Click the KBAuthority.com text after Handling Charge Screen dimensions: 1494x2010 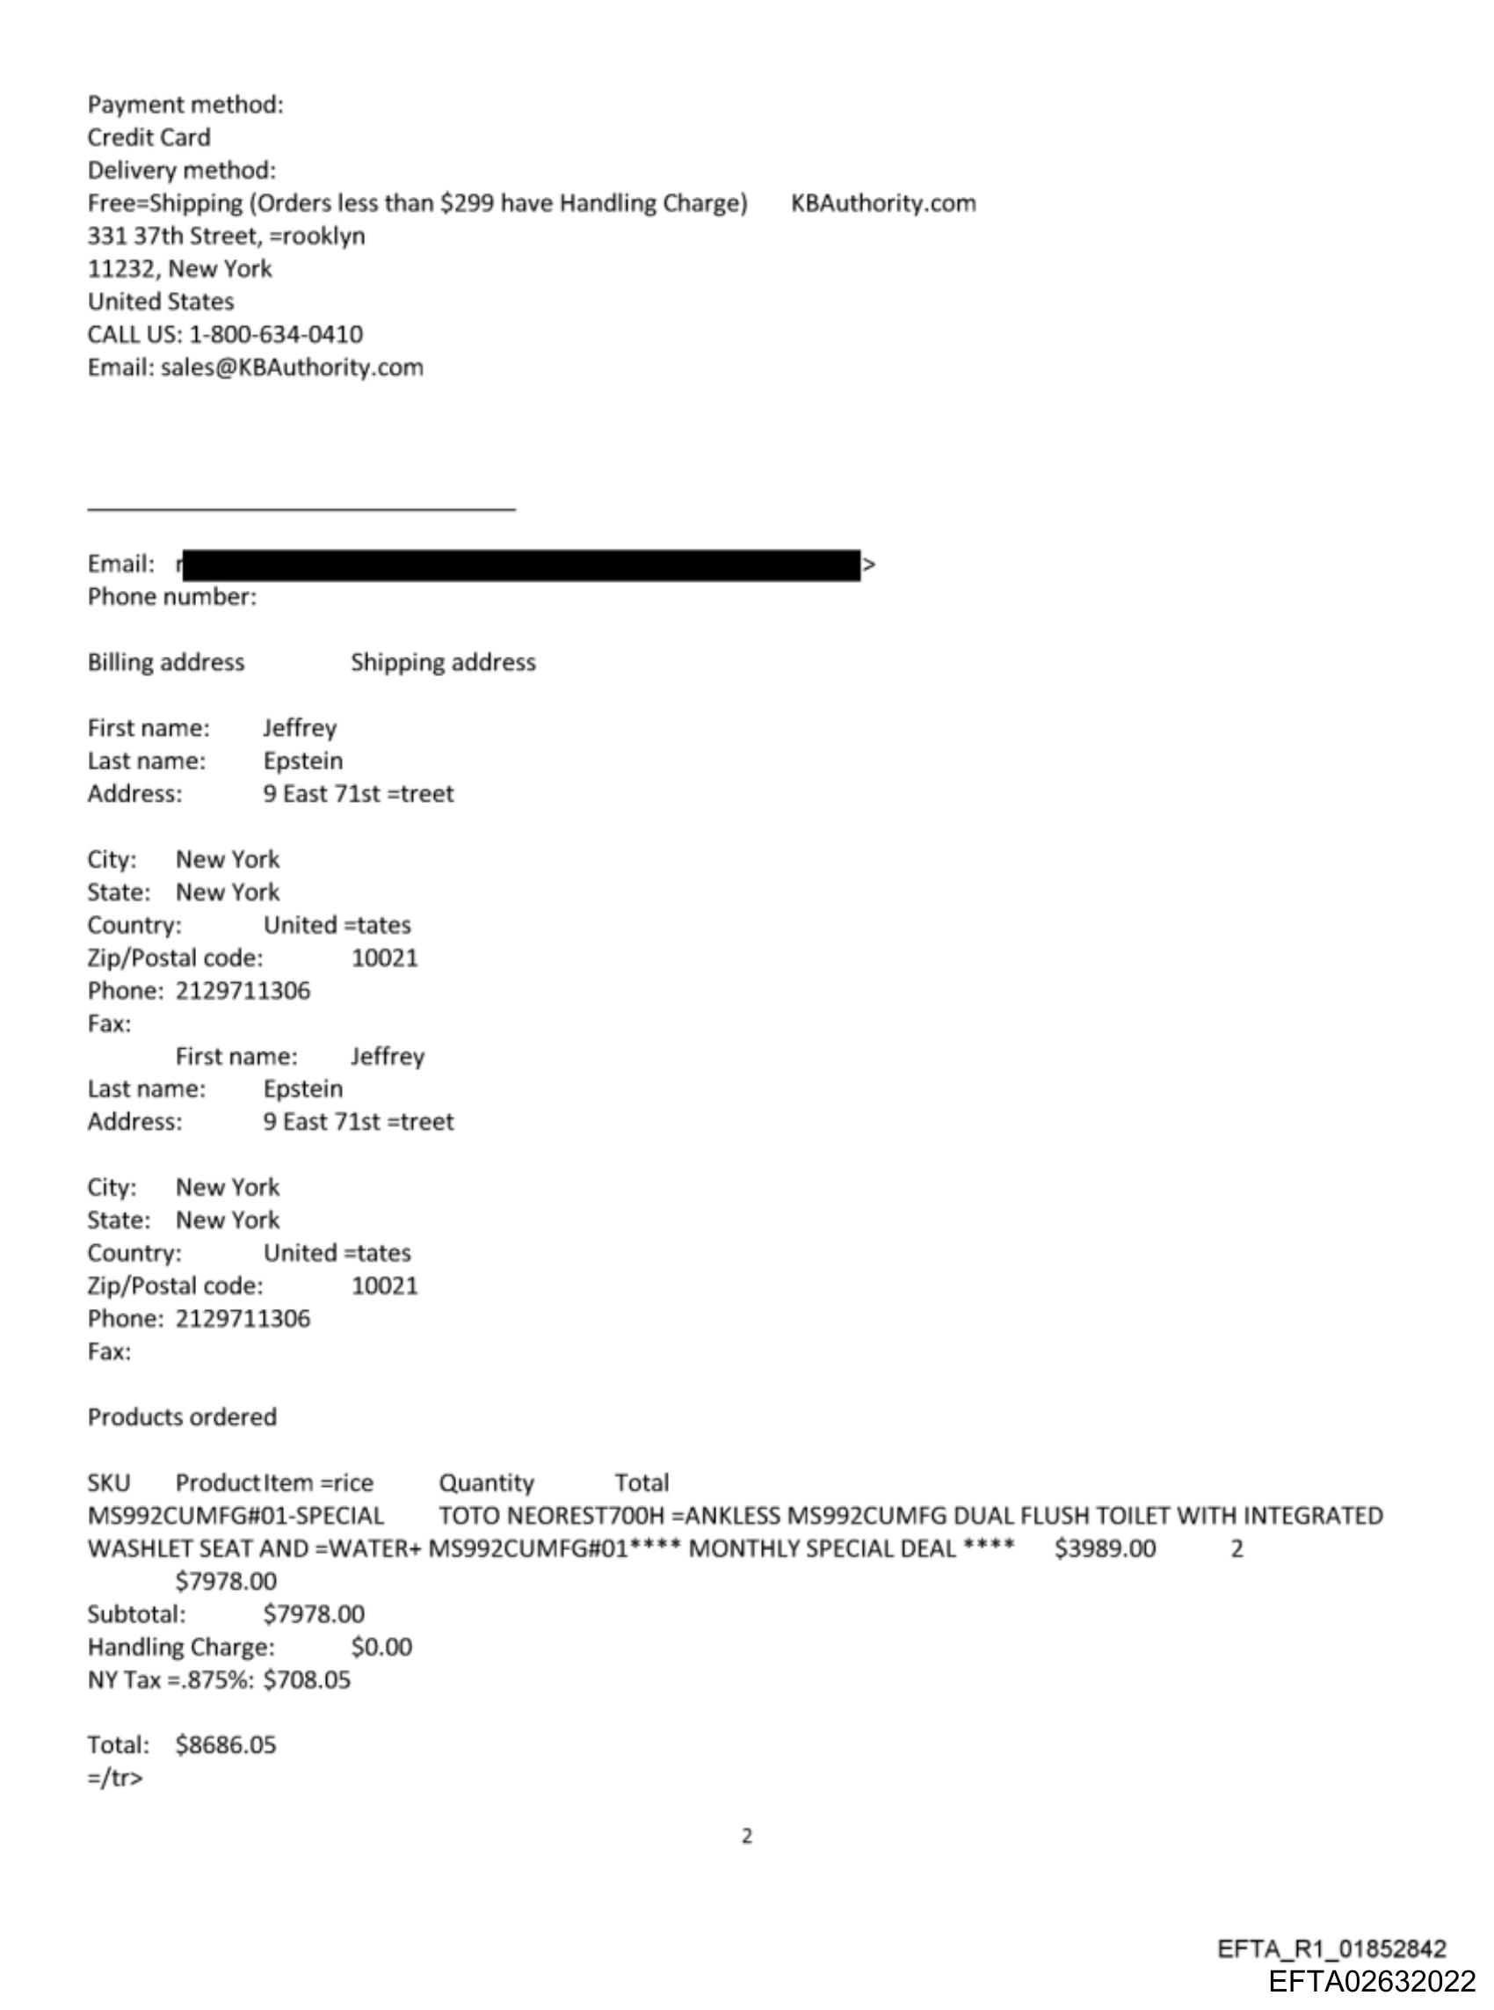pos(882,202)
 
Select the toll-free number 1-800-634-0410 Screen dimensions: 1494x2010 pos(276,335)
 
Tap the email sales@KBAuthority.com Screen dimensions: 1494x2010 pos(291,368)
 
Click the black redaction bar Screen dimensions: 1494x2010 pos(521,564)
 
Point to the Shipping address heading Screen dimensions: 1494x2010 pos(443,662)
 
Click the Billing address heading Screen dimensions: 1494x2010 pos(165,662)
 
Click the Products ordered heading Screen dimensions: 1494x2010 pos(182,1416)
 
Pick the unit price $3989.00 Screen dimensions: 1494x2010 pos(1104,1548)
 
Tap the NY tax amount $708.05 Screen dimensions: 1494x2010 pos(307,1679)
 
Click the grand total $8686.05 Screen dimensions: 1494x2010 pos(225,1744)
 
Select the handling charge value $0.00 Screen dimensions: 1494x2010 pos(381,1646)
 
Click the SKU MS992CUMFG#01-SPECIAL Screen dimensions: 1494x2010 pos(236,1515)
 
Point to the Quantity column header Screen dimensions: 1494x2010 pos(486,1482)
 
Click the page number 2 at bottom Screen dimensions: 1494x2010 pos(747,1835)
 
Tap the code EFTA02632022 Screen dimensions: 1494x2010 pos(1371,1981)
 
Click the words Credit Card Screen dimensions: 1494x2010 pos(149,137)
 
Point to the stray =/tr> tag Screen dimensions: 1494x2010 pos(115,1778)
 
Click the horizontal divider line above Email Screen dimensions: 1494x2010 pos(301,510)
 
